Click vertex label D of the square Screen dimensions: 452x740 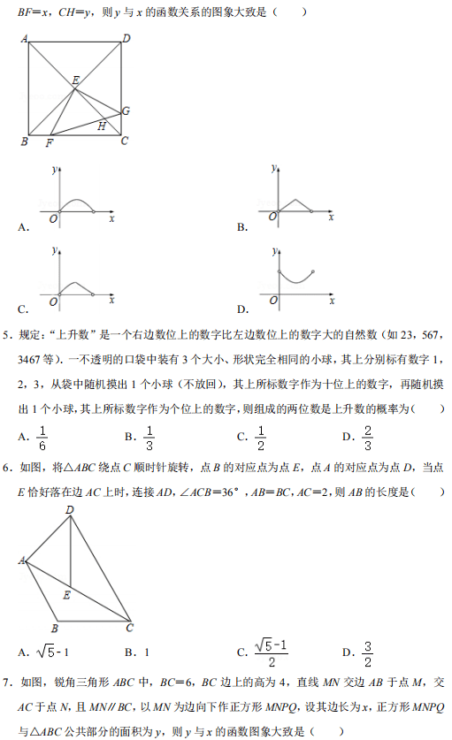coord(126,38)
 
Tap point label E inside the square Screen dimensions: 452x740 coord(76,80)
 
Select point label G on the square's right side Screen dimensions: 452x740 coord(126,111)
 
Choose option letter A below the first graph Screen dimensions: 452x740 coord(21,227)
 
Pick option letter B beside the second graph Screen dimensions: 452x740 coord(241,227)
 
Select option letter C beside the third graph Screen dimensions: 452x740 coord(21,309)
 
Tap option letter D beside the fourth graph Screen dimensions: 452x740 coord(241,309)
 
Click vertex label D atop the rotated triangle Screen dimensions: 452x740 coord(70,510)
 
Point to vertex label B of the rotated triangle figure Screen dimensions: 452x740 coord(55,629)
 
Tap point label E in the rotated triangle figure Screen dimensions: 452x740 coord(66,595)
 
